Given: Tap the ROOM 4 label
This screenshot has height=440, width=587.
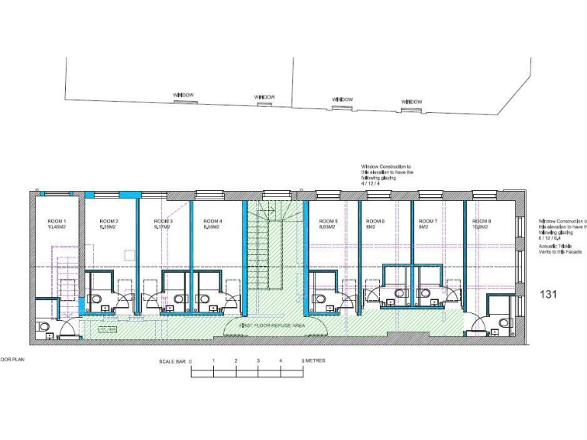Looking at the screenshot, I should (212, 222).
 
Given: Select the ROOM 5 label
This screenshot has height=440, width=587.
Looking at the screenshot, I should (328, 222).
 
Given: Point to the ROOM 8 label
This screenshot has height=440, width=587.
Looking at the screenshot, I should (482, 222).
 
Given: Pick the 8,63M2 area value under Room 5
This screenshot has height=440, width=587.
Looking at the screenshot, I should (328, 228).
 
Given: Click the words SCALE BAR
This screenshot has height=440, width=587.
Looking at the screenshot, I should (171, 361).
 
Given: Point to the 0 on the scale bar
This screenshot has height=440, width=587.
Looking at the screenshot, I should (190, 361).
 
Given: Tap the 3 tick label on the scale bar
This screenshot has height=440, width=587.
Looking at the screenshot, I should (258, 361).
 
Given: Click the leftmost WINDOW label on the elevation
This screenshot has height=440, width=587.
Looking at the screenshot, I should (183, 95).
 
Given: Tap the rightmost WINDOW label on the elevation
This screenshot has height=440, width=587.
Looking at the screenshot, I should (412, 101).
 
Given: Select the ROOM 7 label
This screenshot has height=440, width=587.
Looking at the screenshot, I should (428, 222).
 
